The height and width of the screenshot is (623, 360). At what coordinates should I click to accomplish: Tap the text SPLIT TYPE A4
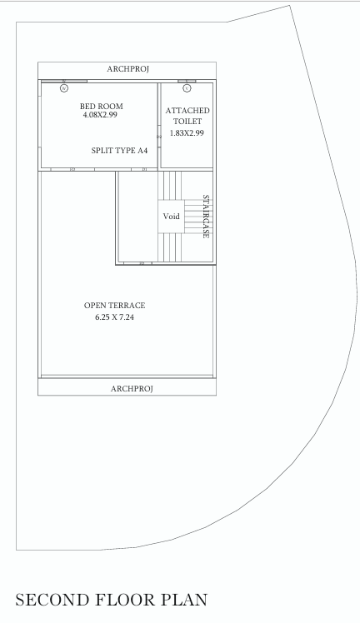click(119, 151)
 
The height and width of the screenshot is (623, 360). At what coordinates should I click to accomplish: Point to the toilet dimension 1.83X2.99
click(187, 133)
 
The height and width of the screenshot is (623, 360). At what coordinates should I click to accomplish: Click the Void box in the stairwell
click(171, 217)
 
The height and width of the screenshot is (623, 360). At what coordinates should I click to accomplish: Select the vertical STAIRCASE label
click(206, 217)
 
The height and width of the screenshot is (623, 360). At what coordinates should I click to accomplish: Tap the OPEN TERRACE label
click(114, 306)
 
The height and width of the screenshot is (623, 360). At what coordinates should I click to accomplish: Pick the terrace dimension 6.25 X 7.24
click(114, 317)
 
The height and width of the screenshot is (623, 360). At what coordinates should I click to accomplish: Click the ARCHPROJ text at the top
click(127, 68)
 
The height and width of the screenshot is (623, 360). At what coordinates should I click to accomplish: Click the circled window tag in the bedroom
click(64, 87)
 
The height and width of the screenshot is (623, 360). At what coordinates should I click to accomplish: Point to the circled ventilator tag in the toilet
click(187, 87)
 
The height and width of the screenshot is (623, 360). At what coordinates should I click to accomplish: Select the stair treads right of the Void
click(197, 217)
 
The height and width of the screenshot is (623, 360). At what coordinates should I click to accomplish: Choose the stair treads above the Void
click(171, 185)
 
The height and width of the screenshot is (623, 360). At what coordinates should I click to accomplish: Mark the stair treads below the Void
click(171, 248)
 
